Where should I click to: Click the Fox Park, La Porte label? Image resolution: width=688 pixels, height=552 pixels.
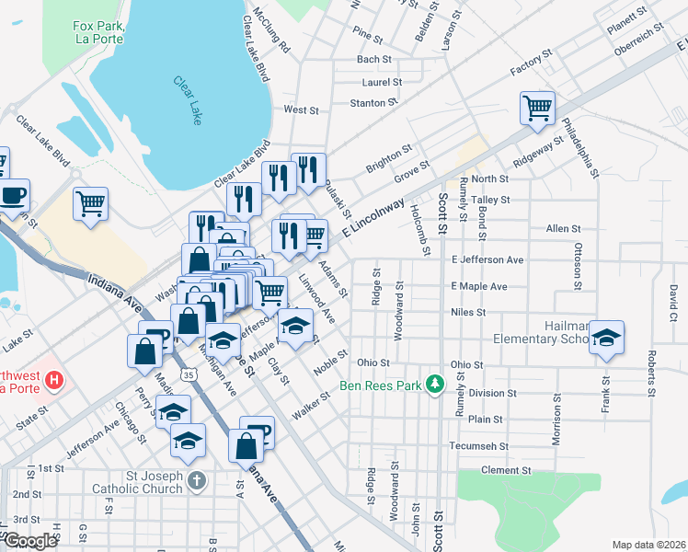coord(98,34)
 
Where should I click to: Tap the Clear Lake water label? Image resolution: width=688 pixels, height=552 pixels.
coord(188,99)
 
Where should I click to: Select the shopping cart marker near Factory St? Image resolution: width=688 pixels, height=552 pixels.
coord(537,107)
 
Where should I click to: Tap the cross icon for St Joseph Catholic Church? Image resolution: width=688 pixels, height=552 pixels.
coord(195,480)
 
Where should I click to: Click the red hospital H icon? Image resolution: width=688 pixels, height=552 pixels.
coord(54,379)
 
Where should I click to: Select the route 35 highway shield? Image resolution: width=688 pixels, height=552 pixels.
coord(188,375)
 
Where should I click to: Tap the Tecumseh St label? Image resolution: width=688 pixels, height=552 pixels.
coord(478,446)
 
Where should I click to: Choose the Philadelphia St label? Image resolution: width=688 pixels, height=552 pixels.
coord(580,147)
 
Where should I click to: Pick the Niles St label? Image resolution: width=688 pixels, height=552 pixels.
coord(468,313)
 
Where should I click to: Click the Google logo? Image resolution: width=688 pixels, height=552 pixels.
coord(30,541)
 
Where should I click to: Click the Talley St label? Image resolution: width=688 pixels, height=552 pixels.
coord(489,200)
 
